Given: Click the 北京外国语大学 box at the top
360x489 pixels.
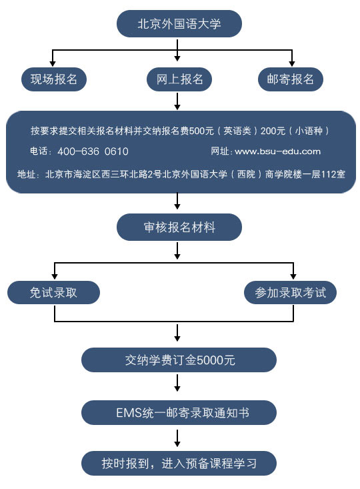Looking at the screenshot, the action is coord(179,24).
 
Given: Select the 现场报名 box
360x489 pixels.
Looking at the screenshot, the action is coord(53,79).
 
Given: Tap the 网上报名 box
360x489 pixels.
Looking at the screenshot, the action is coord(179,79).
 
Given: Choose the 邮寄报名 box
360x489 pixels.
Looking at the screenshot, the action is coord(291,79).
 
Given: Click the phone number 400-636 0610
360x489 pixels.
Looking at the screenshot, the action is coord(93,151).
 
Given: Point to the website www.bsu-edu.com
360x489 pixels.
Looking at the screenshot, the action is coord(278,151).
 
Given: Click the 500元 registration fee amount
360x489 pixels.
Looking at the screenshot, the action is coord(201,131).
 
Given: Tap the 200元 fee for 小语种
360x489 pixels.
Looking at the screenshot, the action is coord(273,131).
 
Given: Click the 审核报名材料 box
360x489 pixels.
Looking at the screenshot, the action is coord(179,227).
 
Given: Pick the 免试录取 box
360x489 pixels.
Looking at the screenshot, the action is coord(53,292).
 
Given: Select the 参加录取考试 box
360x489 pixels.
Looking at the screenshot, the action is coord(290,292).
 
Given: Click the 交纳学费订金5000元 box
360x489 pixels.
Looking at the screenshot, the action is coord(179,360).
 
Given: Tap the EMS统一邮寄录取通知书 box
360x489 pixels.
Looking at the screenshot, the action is coord(179,412).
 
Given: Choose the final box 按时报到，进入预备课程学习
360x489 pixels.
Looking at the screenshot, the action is coord(179,463).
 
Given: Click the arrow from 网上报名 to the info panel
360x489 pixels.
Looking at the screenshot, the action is coord(177,101).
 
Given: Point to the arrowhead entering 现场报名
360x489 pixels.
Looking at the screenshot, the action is coord(53,63).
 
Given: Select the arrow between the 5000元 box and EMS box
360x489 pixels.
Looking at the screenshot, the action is coord(177,383).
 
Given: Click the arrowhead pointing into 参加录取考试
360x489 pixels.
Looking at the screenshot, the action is coord(293,276).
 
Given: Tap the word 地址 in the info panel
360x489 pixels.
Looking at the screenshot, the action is coord(26,173).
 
